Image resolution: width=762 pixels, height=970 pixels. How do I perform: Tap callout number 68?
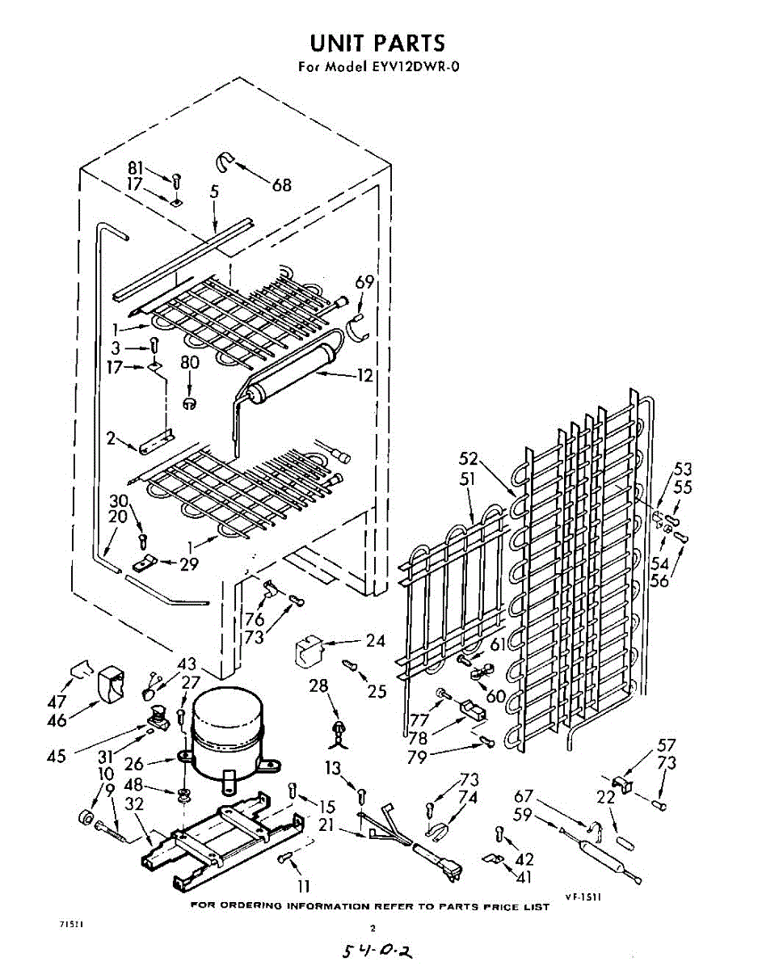click(281, 185)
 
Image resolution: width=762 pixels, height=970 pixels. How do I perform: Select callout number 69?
click(365, 281)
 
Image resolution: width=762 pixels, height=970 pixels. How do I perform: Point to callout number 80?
click(190, 363)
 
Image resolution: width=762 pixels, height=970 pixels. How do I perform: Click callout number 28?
click(319, 685)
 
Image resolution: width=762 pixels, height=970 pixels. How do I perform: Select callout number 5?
click(214, 192)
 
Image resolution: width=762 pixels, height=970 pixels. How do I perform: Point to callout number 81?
click(135, 168)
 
